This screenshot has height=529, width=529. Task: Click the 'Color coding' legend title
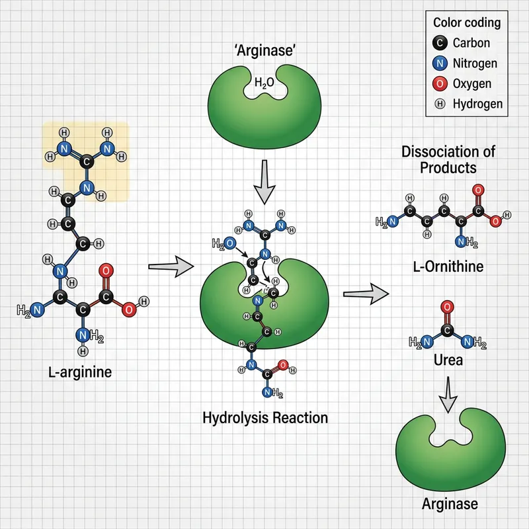pos(466,22)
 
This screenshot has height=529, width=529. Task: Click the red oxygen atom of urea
pos(446,306)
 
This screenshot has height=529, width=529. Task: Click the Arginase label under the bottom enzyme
pos(450,505)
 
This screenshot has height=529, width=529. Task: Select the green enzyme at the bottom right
pos(450,450)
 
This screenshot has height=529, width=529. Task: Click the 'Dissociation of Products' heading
pos(448,159)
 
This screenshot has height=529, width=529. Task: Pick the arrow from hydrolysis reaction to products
pos(368,294)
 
